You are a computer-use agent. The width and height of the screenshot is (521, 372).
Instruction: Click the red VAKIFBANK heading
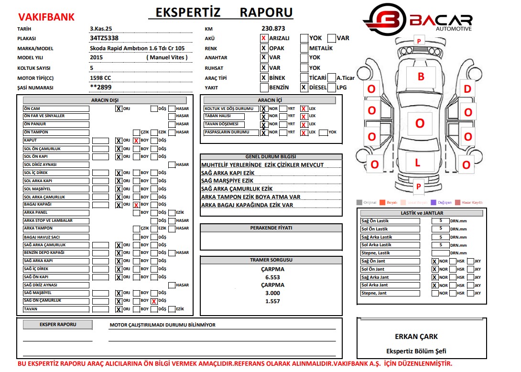click(46, 17)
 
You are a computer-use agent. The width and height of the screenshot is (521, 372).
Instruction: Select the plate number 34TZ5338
click(104, 38)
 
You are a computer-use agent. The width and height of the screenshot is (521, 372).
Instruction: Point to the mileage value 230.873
click(273, 29)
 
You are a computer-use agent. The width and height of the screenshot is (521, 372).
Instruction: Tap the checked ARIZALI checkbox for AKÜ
click(264, 38)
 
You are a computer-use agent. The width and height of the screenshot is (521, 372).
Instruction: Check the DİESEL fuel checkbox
click(304, 88)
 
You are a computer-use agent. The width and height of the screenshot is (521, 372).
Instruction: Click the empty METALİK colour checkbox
click(304, 48)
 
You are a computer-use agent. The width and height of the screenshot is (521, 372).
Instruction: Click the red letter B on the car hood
click(421, 77)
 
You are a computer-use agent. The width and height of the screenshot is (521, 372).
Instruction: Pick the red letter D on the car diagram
click(467, 88)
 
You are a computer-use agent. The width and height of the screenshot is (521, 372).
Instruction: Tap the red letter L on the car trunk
click(417, 163)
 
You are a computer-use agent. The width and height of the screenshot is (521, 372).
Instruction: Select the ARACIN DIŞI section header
click(105, 100)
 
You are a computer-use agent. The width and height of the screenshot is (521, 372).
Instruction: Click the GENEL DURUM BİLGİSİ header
click(271, 157)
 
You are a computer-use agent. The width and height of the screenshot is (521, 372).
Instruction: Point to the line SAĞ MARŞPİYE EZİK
click(228, 181)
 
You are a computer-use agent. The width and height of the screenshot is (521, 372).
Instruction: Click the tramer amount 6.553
click(272, 277)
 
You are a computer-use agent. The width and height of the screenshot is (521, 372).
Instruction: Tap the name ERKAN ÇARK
click(416, 336)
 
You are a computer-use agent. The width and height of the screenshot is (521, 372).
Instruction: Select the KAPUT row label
click(56, 141)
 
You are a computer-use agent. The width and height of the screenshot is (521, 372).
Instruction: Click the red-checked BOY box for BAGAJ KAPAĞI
click(136, 205)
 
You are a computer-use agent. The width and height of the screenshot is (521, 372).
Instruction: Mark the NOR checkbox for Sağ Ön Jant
click(434, 262)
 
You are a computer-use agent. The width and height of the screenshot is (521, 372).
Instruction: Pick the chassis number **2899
click(100, 88)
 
